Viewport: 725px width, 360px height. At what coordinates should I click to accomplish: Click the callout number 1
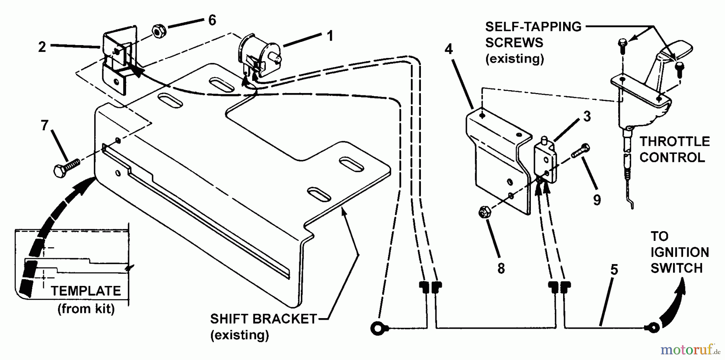coord(330,36)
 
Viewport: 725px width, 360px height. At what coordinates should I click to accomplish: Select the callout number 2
coord(42,47)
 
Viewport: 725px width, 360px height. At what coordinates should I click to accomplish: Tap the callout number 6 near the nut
coord(212,20)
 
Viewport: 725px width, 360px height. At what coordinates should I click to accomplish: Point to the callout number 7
coord(45,126)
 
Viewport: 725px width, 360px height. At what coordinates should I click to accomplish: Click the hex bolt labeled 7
coord(66,166)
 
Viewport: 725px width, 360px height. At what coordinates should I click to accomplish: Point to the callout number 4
coord(449,50)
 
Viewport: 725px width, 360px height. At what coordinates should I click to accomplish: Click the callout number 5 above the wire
coord(614,270)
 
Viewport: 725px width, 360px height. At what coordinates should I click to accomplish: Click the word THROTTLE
coord(675,142)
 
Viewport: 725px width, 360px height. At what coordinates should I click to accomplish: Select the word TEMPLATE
coord(86,291)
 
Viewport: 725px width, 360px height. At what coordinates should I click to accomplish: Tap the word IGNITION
coord(679,252)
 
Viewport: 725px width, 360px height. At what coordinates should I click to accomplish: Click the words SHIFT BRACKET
coord(264,319)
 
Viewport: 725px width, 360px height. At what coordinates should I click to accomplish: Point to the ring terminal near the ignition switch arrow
coord(652,327)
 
